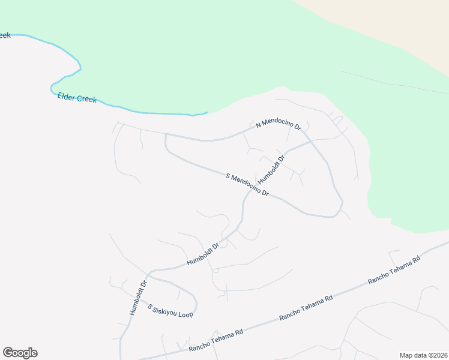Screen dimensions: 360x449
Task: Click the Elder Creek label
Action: tap(77, 97)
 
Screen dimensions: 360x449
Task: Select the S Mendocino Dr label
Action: tap(246, 185)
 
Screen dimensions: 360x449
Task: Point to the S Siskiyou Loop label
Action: tap(170, 310)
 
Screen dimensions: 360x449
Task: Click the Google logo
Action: tap(20, 353)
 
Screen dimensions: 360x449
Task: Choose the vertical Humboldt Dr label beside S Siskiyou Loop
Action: tap(138, 299)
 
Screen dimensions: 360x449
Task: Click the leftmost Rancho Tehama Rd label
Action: tap(215, 340)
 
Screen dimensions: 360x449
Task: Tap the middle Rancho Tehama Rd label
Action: tap(306, 308)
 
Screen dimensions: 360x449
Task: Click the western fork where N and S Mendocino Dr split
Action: tap(166, 136)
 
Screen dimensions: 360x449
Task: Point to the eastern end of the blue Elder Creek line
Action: tap(207, 112)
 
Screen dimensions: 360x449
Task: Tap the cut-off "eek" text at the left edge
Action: tap(5, 35)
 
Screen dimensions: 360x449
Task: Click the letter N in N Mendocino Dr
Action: tap(259, 125)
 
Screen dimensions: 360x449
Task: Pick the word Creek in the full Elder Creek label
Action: tap(86, 98)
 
